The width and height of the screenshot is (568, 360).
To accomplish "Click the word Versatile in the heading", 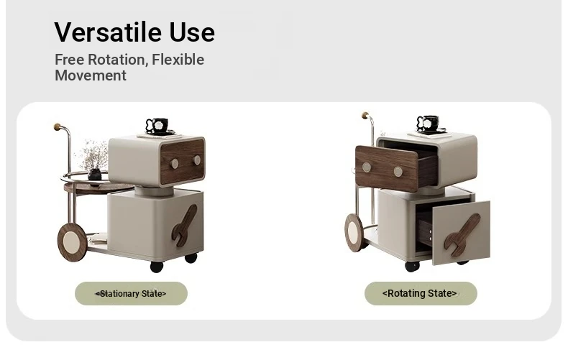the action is (x=109, y=32).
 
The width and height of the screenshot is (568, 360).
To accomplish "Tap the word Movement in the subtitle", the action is (x=91, y=75).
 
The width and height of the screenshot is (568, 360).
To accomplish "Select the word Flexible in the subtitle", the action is (x=178, y=60).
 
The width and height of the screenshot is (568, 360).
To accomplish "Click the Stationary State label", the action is (x=131, y=293).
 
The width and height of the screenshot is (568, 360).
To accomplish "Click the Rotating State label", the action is (x=421, y=293).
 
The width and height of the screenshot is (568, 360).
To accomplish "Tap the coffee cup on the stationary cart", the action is (x=158, y=126).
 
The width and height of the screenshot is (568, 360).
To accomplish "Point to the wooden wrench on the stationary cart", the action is (x=185, y=226).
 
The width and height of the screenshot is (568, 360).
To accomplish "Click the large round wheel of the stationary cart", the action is (x=72, y=242).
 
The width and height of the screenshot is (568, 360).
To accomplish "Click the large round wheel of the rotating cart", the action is (x=354, y=233).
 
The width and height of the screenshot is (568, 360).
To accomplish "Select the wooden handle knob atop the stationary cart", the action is (x=57, y=127).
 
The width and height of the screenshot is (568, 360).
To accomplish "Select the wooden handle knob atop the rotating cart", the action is (x=365, y=115).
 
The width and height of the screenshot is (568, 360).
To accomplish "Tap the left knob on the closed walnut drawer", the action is (x=175, y=164).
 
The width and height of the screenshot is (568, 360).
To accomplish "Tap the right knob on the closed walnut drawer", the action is (x=197, y=160).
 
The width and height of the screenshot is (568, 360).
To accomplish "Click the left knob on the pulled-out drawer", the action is (x=367, y=167).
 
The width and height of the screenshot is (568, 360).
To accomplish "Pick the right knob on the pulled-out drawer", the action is (x=398, y=171).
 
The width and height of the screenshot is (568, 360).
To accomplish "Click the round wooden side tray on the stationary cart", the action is (x=98, y=188).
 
